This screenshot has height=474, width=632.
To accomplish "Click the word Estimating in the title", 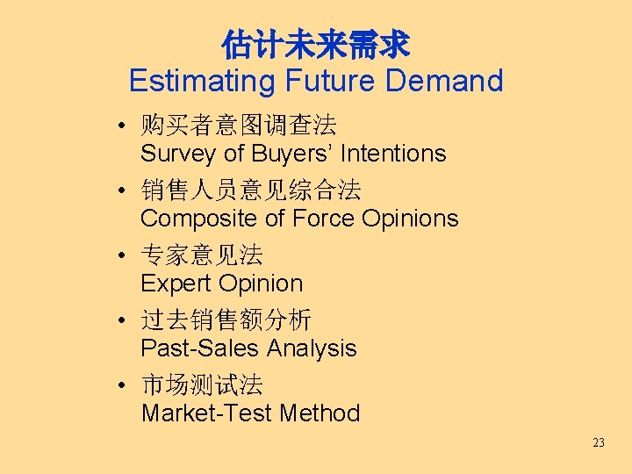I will click(x=202, y=81).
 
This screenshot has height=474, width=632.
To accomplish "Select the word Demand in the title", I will click(x=444, y=81).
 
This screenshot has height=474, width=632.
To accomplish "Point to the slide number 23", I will click(x=599, y=442).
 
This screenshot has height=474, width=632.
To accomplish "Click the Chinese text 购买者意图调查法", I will click(x=239, y=125).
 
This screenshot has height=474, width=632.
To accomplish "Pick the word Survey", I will click(x=179, y=154).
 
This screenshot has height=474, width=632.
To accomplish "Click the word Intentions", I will click(x=393, y=154).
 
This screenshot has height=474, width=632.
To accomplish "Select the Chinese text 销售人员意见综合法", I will click(x=251, y=190).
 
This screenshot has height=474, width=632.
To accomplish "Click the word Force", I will click(x=314, y=219).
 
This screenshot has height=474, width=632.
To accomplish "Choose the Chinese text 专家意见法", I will click(x=202, y=255).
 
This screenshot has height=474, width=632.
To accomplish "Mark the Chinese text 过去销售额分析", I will click(x=226, y=320).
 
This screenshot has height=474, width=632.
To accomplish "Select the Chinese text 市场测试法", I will click(x=202, y=384).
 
